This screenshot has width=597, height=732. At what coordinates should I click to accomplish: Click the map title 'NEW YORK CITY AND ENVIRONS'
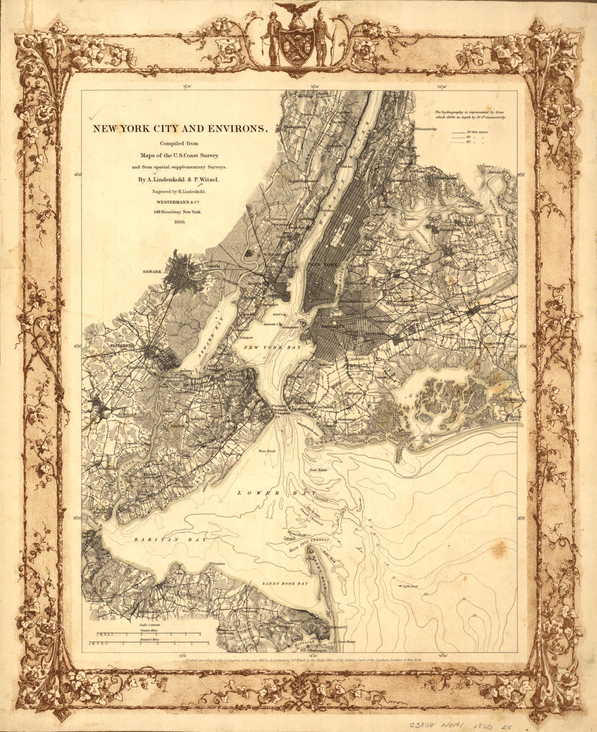pos(179,129)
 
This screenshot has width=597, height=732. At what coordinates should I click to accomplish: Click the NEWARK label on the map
pos(152,272)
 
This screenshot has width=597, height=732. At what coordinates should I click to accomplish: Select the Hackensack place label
pos(295,127)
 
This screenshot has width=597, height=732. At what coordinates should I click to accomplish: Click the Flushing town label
pos(459,245)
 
